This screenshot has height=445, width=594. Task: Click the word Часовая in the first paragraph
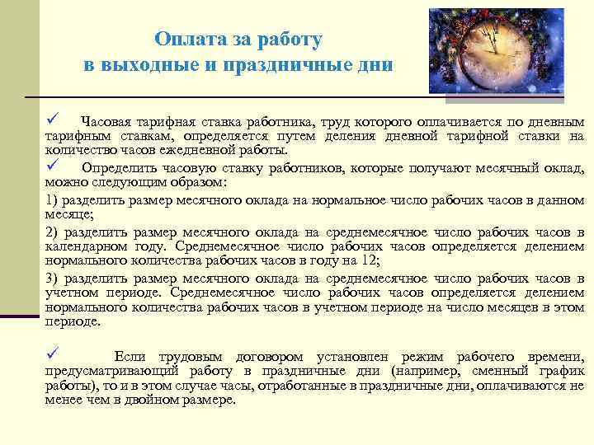(x=104, y=122)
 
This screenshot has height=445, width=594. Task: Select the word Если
(x=128, y=356)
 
